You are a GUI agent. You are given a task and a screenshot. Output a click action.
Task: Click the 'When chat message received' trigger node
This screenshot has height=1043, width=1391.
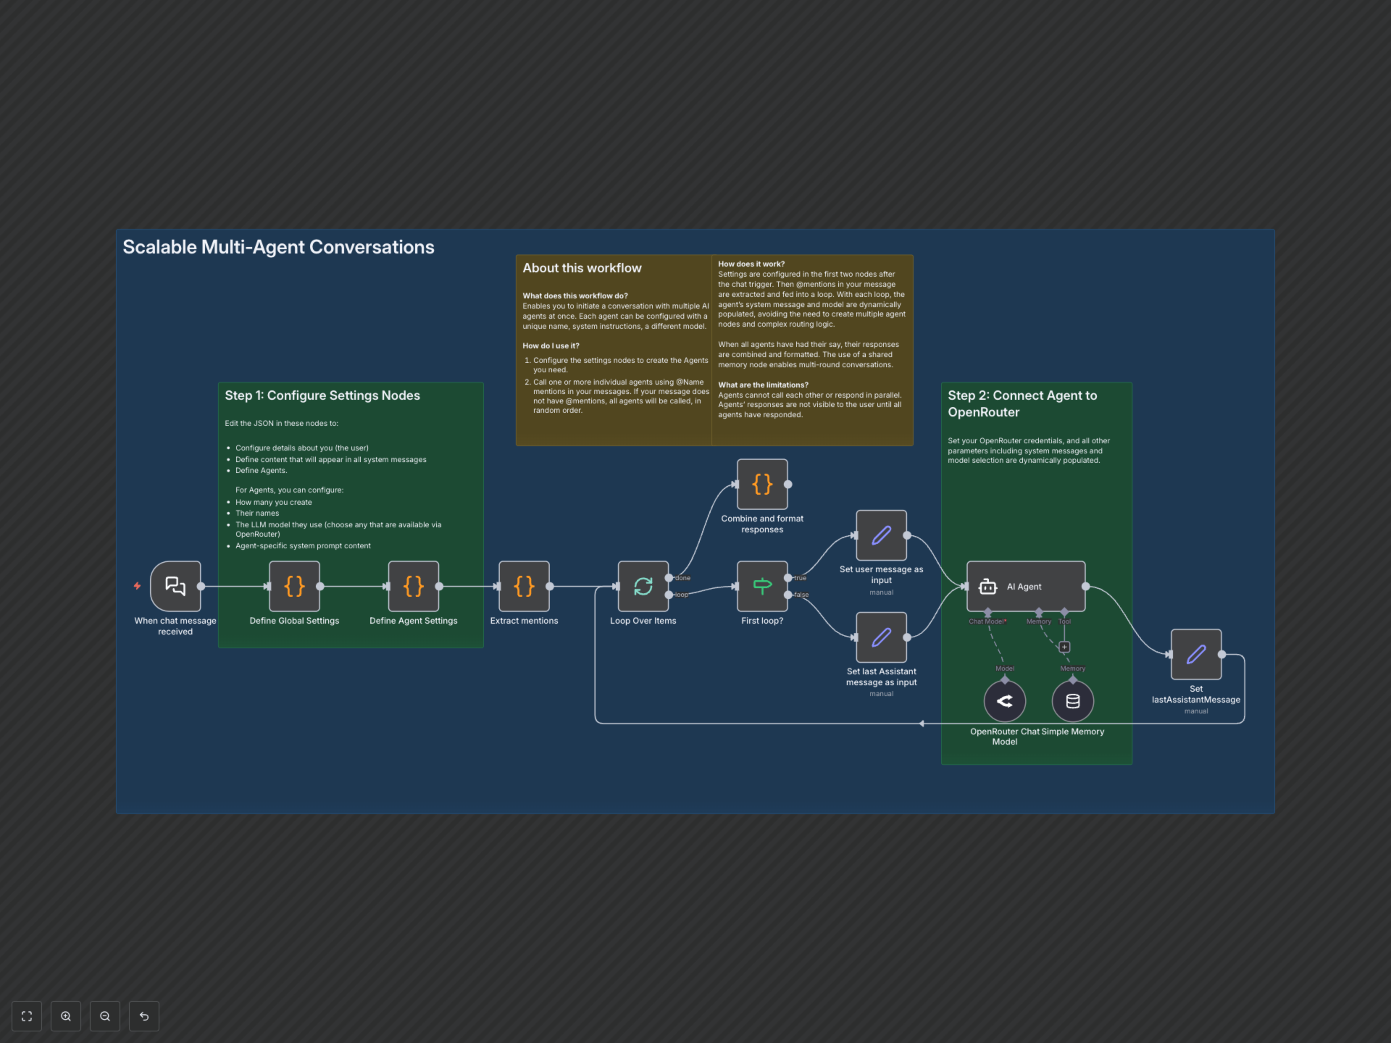[175, 586]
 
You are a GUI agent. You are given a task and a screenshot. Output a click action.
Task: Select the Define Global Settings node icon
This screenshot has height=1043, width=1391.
[294, 586]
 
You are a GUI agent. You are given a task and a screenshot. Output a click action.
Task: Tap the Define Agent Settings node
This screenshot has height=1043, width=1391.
[413, 586]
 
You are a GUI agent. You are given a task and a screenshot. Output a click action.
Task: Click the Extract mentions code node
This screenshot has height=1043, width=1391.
[524, 586]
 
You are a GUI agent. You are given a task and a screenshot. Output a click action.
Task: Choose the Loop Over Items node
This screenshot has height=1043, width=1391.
[643, 586]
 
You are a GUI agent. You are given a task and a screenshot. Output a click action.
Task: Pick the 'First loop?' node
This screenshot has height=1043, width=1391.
[762, 586]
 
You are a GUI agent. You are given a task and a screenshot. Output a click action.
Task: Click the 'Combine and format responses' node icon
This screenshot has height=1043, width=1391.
[762, 484]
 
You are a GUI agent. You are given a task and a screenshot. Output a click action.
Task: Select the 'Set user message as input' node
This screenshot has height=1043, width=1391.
[881, 535]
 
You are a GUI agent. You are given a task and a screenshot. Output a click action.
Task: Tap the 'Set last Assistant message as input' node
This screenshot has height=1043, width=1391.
[881, 637]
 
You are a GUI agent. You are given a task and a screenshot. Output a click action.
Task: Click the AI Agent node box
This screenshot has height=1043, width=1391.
[1026, 586]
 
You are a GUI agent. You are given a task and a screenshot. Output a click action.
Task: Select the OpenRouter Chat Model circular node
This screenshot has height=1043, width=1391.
[1004, 701]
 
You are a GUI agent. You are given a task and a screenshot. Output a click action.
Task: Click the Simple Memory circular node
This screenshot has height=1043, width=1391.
[1073, 701]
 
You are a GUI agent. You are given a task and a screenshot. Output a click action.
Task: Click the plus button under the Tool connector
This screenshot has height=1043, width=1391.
[1064, 647]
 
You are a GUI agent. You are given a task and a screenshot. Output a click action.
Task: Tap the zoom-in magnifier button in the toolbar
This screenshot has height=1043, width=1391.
[66, 1016]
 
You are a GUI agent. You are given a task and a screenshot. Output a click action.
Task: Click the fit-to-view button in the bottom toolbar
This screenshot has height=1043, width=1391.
[26, 1016]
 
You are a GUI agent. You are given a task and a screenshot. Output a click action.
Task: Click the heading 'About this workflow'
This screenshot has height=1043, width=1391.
[582, 268]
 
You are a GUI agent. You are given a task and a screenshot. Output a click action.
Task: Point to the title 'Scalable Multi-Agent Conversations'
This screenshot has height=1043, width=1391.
[278, 247]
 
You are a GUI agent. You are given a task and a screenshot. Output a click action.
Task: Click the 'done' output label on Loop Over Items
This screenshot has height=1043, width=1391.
[682, 578]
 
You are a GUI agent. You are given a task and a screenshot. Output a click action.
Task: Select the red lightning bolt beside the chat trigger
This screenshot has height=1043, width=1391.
[137, 586]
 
